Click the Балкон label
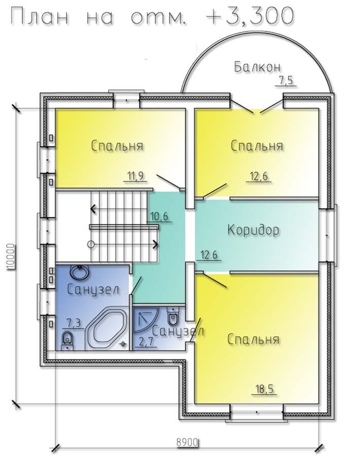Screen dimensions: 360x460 click(257, 67)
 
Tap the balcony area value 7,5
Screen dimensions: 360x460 click(286, 80)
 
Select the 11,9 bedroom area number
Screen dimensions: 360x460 click(135, 176)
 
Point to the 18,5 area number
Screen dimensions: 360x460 click(265, 389)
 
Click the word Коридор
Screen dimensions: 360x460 click(253, 230)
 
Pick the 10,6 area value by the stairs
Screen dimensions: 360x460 click(159, 217)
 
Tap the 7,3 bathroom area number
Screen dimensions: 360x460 click(74, 323)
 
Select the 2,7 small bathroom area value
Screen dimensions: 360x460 click(146, 342)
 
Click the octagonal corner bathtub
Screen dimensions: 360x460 click(107, 328)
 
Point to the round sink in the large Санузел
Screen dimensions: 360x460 click(79, 271)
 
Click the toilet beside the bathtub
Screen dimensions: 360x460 click(68, 341)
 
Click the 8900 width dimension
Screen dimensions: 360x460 click(187, 442)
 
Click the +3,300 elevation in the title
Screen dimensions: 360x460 click(249, 15)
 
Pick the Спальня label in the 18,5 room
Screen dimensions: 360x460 click(253, 340)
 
